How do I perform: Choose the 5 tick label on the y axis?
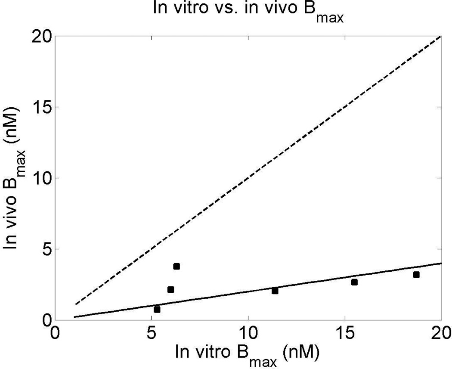pyautogui.click(x=46, y=249)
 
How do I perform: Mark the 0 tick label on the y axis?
pyautogui.click(x=46, y=319)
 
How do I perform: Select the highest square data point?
pyautogui.click(x=176, y=267)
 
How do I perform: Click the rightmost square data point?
pyautogui.click(x=416, y=275)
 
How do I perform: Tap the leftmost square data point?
pyautogui.click(x=157, y=310)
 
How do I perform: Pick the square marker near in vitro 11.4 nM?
pyautogui.click(x=275, y=291)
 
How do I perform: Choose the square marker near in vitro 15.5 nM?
pyautogui.click(x=354, y=282)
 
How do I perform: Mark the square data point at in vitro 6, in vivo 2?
pyautogui.click(x=170, y=290)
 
